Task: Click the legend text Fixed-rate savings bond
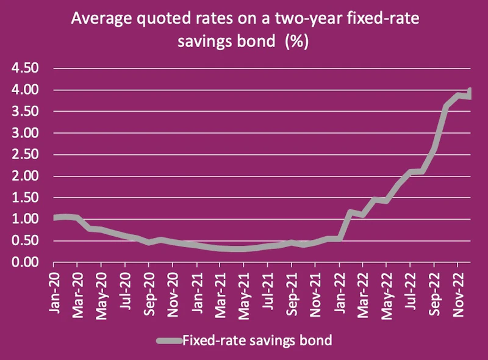257,340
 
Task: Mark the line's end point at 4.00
470,91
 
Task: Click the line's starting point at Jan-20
55,218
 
